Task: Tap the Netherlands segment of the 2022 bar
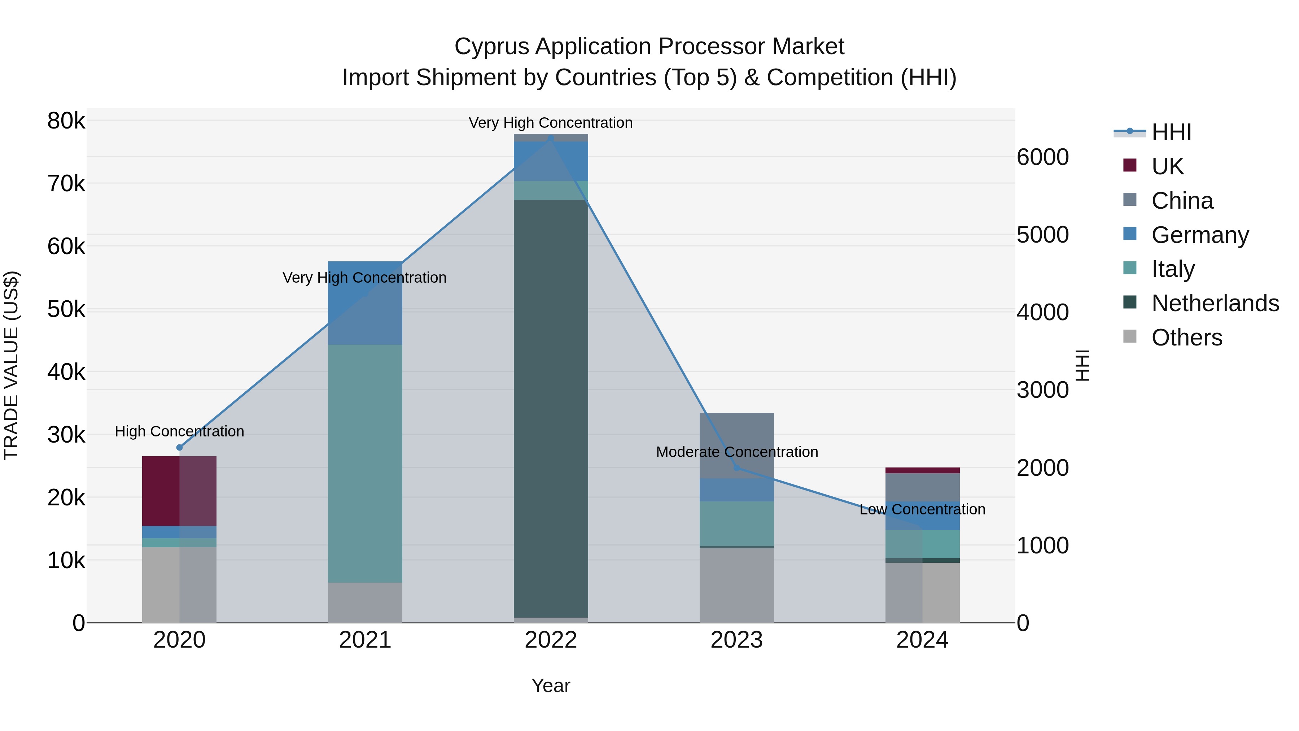pos(551,408)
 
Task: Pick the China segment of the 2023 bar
pos(736,445)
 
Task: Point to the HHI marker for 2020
pos(180,448)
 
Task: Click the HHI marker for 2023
pos(737,467)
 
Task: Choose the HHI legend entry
pos(1171,132)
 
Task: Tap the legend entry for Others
pos(1186,338)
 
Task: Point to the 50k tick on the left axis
pos(66,309)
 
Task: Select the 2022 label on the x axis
pos(551,640)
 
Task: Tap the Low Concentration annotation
pos(922,509)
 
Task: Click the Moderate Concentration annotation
pos(737,452)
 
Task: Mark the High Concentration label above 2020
pos(180,431)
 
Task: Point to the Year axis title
pos(551,686)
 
